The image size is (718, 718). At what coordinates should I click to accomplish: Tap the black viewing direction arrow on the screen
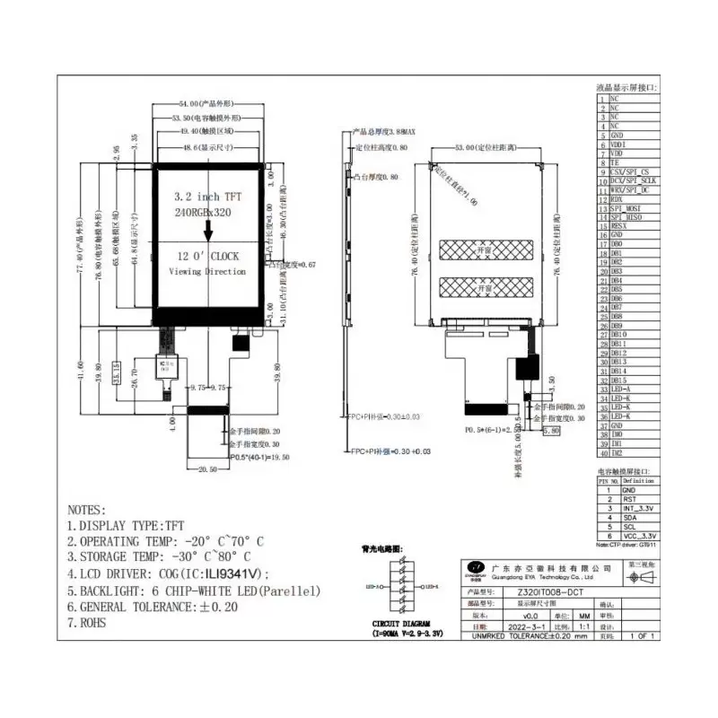coord(208,231)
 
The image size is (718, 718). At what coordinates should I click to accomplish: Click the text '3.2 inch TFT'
coord(208,196)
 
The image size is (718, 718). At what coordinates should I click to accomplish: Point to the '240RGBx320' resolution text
coord(206,215)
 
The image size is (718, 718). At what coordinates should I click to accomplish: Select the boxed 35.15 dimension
coord(117,371)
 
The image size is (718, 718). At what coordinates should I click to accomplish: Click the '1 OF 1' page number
coord(642,636)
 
